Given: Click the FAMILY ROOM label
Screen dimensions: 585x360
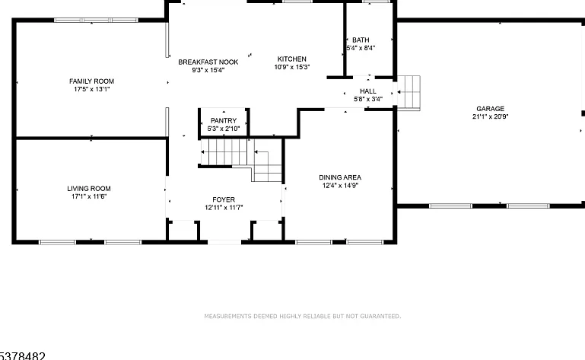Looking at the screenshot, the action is pyautogui.click(x=91, y=81).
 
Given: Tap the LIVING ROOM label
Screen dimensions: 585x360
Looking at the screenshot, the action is pyautogui.click(x=89, y=189).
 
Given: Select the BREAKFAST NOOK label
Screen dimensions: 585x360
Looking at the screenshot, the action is pyautogui.click(x=208, y=62).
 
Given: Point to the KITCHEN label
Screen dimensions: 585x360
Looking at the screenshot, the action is pyautogui.click(x=292, y=59).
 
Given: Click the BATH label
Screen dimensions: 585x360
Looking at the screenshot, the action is pyautogui.click(x=361, y=40).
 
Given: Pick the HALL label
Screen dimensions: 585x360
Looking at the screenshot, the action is pyautogui.click(x=368, y=91).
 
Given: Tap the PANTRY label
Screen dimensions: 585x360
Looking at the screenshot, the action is pyautogui.click(x=224, y=120).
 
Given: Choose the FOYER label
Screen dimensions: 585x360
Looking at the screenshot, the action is pyautogui.click(x=224, y=200).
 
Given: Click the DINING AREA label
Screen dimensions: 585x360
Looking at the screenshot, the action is pyautogui.click(x=340, y=177).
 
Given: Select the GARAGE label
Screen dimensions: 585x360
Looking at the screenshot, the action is pyautogui.click(x=490, y=109).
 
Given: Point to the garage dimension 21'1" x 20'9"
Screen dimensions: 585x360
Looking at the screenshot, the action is pyautogui.click(x=490, y=116).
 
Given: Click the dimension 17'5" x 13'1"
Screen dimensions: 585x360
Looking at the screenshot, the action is pyautogui.click(x=92, y=89).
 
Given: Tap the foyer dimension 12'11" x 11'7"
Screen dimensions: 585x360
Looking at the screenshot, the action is pyautogui.click(x=224, y=208).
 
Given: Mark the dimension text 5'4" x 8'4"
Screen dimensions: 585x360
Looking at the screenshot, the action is pyautogui.click(x=361, y=48).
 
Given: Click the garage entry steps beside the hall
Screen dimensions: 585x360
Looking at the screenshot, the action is pyautogui.click(x=409, y=93).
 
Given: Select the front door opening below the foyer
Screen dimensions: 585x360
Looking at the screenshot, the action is pyautogui.click(x=224, y=242).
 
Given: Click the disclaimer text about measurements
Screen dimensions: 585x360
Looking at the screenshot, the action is pyautogui.click(x=303, y=317).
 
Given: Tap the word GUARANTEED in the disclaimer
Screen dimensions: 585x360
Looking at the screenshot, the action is pyautogui.click(x=380, y=317).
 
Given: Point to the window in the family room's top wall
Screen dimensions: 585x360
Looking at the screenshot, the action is pyautogui.click(x=96, y=20).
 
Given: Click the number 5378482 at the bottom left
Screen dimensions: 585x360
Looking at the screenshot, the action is pyautogui.click(x=22, y=356).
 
